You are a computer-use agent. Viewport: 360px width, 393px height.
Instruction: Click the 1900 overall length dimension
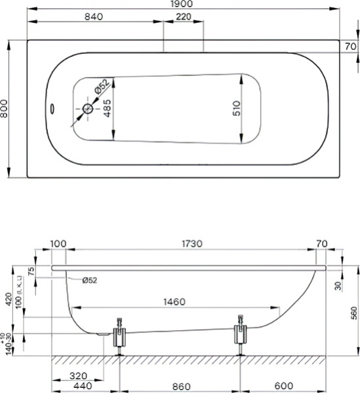(x=184, y=5)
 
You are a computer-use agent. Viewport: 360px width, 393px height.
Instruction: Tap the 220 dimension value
(x=184, y=17)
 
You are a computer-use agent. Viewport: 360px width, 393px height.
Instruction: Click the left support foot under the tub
(x=119, y=335)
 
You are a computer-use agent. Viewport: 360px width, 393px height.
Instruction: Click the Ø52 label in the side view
(x=90, y=280)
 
